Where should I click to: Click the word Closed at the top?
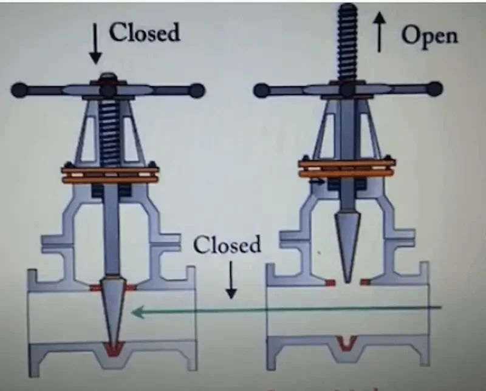(x=144, y=32)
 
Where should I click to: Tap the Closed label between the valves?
(x=227, y=246)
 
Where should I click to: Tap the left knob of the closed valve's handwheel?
(x=18, y=90)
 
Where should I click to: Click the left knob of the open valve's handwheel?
(x=261, y=90)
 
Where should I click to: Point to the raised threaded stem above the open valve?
(x=347, y=42)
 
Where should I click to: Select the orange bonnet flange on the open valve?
(x=347, y=166)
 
